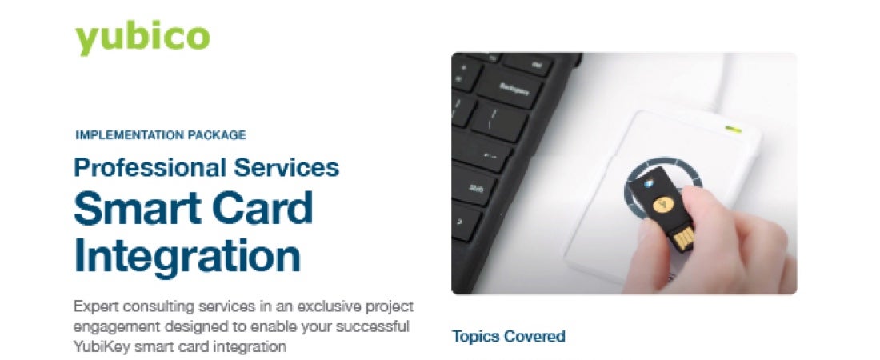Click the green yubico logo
[142, 38]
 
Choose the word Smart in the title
[134, 208]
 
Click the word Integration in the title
[187, 256]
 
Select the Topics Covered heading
[509, 337]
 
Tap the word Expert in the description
[93, 308]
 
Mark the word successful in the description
[378, 326]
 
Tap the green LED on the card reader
[733, 130]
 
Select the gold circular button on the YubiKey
[663, 205]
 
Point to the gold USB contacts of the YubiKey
[683, 238]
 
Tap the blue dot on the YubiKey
[648, 183]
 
